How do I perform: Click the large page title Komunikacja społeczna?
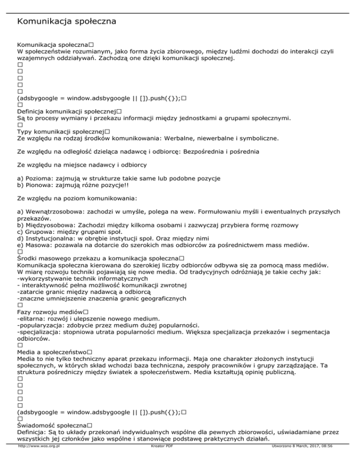point(66,22)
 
